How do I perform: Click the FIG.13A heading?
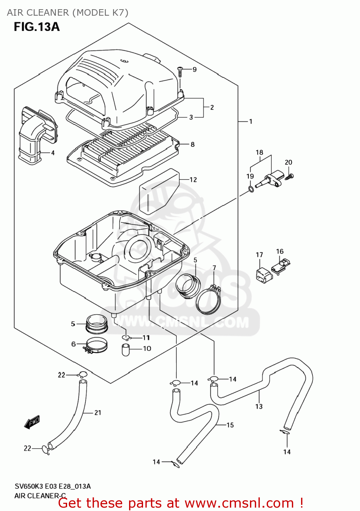[37, 27]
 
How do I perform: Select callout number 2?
[212, 108]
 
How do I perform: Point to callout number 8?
[192, 144]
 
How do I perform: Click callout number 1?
[251, 122]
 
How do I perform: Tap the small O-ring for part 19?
[251, 189]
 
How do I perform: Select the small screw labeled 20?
[290, 176]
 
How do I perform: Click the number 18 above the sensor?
[260, 153]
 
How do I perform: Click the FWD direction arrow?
[32, 422]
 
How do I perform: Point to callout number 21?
[98, 413]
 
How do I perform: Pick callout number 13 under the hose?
[259, 406]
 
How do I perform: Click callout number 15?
[230, 425]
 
